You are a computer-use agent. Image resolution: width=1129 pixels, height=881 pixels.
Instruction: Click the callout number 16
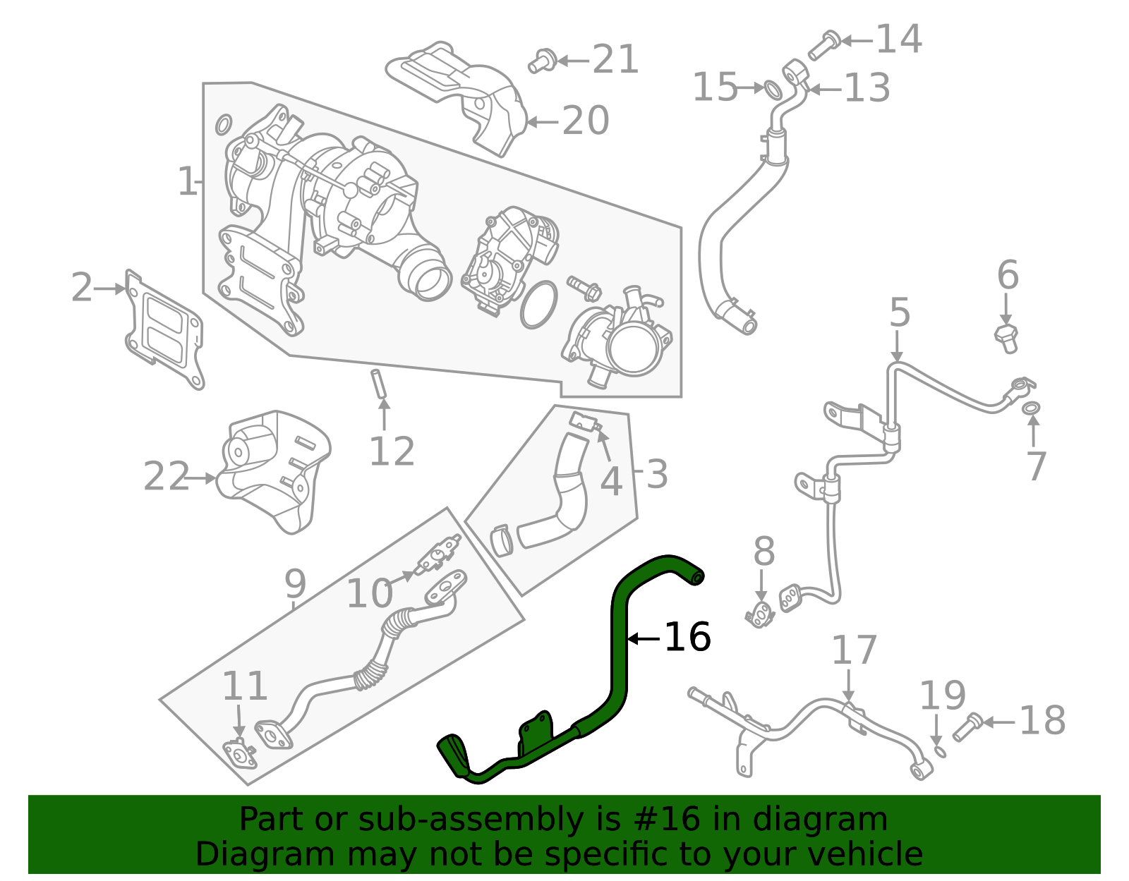point(687,637)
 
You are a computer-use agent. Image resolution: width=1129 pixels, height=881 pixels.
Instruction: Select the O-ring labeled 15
point(773,90)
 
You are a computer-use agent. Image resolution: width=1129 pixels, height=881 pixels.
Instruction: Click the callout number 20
point(585,121)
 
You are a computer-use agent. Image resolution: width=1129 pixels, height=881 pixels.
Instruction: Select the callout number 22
point(167,477)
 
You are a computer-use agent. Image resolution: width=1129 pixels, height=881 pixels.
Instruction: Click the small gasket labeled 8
point(760,615)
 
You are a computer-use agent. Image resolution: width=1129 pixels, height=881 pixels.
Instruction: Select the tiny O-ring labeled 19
point(940,751)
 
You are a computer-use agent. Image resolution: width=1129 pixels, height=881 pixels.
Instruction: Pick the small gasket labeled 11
point(241,754)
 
